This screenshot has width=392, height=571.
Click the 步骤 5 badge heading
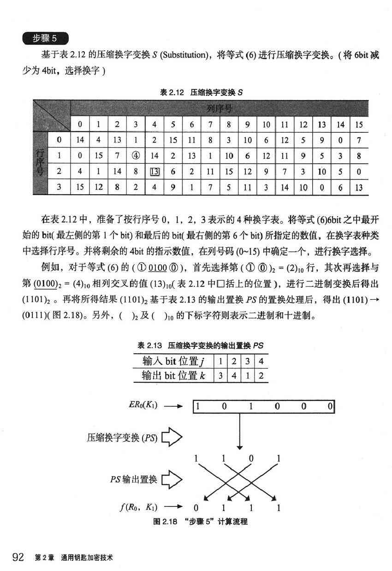(45, 38)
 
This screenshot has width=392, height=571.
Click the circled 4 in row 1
(136, 156)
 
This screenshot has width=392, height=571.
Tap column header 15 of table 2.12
(359, 124)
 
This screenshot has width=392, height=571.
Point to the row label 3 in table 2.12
(59, 188)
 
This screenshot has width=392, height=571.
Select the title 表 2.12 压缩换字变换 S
(202, 92)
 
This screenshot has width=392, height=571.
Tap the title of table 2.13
(201, 345)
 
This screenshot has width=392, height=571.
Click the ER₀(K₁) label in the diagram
(143, 406)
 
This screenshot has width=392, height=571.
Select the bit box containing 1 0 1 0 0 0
(262, 406)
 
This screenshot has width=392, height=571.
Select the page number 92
(18, 557)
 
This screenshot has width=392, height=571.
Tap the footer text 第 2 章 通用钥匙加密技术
(74, 558)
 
